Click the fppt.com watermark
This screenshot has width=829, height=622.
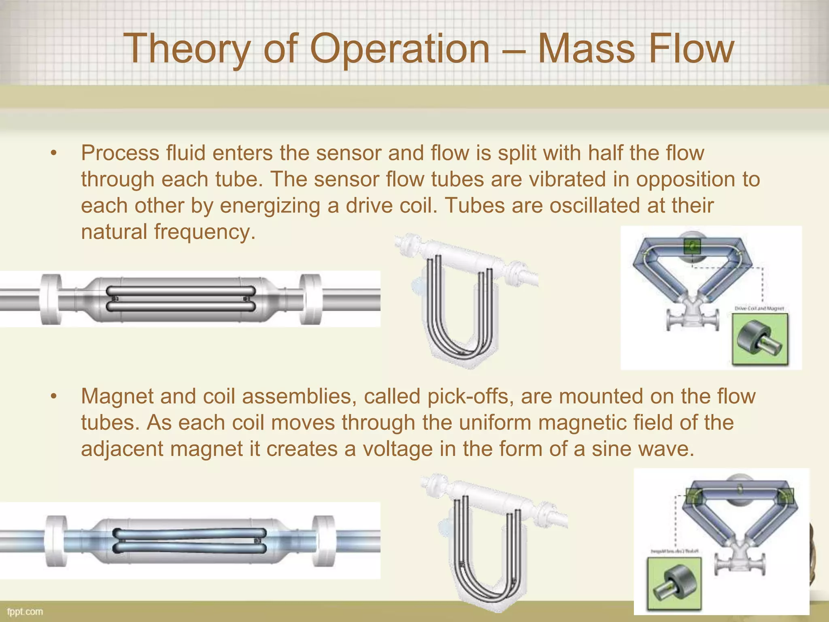pyautogui.click(x=25, y=611)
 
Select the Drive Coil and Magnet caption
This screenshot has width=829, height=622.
pyautogui.click(x=759, y=309)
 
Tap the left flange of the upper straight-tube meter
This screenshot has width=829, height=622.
pyautogui.click(x=51, y=299)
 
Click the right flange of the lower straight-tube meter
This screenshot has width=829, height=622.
pyautogui.click(x=324, y=541)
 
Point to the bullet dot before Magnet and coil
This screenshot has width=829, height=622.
pyautogui.click(x=53, y=396)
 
